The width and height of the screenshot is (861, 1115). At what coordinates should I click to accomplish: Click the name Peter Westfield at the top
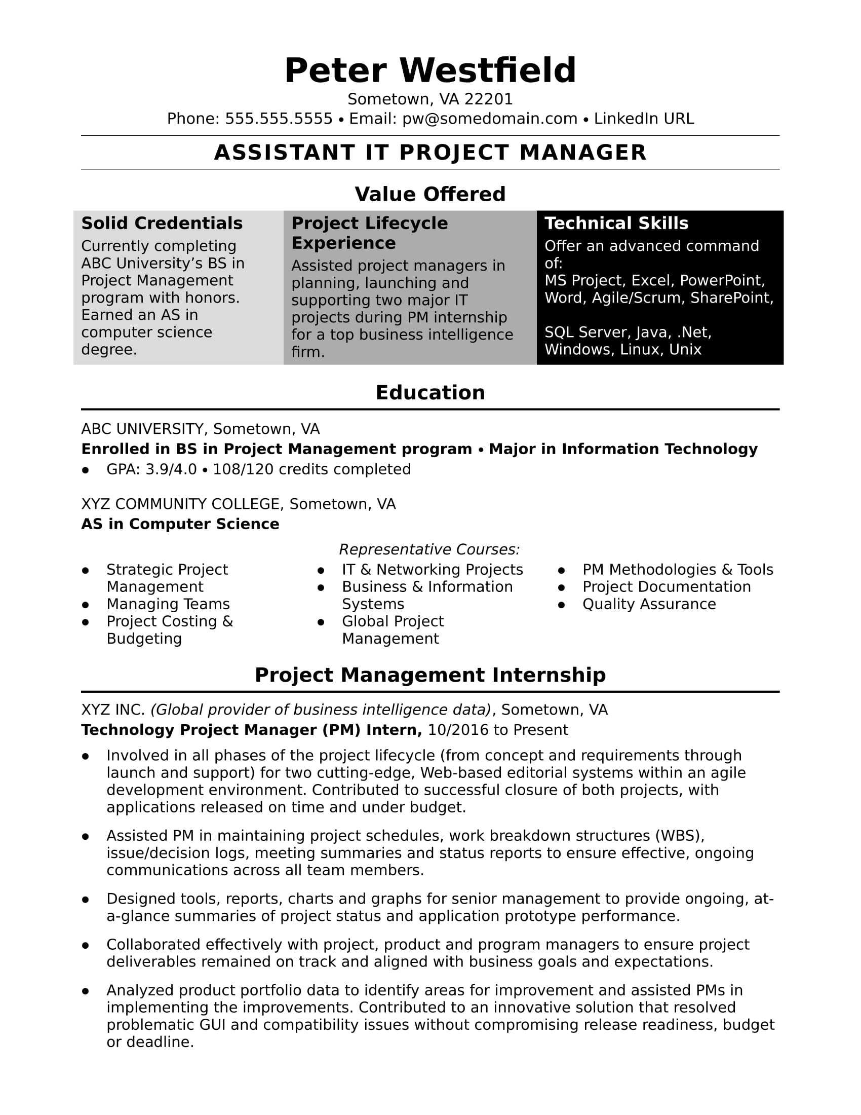coord(430,70)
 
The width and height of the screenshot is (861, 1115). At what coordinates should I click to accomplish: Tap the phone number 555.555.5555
coord(279,119)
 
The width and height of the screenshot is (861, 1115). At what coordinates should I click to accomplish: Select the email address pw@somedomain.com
coord(490,119)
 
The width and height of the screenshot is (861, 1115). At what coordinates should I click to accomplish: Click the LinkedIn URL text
coord(644,119)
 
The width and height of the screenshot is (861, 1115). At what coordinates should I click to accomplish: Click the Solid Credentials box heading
coord(162,223)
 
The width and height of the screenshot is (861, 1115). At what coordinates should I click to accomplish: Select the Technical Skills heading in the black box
coord(616,223)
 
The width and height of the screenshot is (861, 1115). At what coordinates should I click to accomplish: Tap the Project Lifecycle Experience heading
coord(369,233)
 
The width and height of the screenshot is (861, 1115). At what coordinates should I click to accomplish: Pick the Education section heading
coord(430,393)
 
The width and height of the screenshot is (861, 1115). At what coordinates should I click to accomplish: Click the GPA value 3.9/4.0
coord(171,469)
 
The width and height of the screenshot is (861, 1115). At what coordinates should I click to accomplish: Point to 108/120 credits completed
coord(311,469)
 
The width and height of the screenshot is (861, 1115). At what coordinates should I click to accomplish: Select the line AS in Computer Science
coord(180,524)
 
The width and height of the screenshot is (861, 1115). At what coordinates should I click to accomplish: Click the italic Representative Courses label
coord(429,549)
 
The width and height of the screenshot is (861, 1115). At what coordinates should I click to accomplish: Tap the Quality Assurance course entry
coord(649,604)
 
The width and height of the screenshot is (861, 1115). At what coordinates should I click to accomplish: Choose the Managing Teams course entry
coord(168,604)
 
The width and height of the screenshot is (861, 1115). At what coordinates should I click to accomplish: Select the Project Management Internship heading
coord(430,675)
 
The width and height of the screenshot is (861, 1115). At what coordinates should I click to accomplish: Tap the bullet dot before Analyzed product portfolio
coord(85,991)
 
